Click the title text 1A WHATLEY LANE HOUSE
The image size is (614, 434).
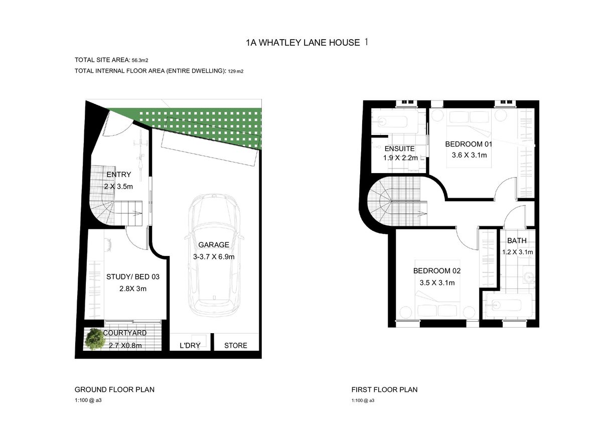tap(303, 43)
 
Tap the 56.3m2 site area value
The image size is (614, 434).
tap(140, 60)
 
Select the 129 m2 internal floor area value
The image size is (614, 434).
tap(236, 72)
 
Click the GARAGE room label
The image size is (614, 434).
tap(214, 245)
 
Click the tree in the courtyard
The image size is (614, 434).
tap(95, 339)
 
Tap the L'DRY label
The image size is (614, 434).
tap(190, 346)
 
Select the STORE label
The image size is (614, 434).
tap(236, 346)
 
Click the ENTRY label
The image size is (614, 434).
tap(119, 175)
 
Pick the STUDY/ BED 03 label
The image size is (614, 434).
tap(133, 277)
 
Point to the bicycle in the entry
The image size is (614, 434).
tap(141, 155)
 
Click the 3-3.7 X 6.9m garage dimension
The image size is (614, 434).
tap(214, 257)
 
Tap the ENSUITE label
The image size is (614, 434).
tap(400, 149)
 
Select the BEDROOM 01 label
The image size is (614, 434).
tap(469, 144)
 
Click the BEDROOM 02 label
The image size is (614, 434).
tap(437, 271)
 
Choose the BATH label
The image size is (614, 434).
tap(517, 241)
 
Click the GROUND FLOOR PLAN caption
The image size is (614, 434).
tap(114, 389)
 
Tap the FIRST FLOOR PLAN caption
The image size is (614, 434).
tap(385, 389)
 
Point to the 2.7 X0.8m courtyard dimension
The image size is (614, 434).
tap(125, 346)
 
